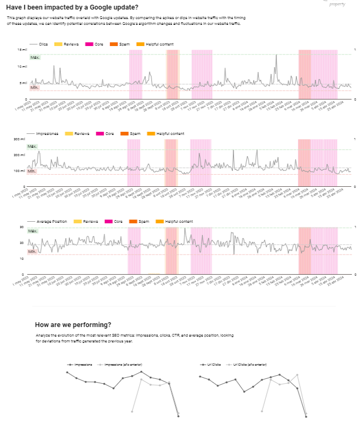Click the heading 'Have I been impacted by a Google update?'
pos(73,7)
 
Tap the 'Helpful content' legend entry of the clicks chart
pos(159,44)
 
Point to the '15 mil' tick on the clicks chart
pos(22,50)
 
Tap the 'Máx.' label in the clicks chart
pos(35,57)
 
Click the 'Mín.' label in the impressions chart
pos(32,171)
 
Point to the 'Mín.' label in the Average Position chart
pos(33,251)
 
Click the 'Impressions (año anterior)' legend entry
pos(123,365)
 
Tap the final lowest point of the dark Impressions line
pos(178,416)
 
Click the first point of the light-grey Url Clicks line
pos(263,411)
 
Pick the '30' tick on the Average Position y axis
pos(22,226)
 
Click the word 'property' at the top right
pos(337,4)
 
